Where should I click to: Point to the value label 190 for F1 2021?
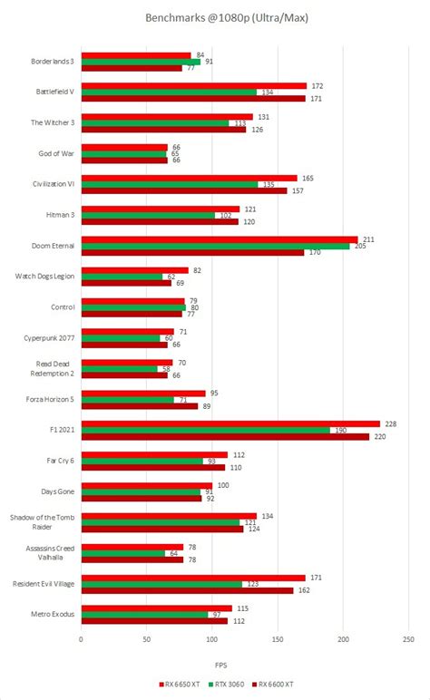click(340, 430)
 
